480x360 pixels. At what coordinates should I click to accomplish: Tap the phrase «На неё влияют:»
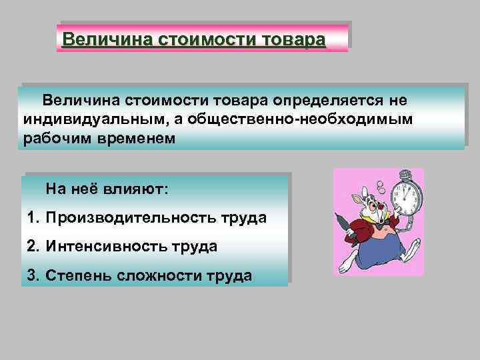pos(107,189)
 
